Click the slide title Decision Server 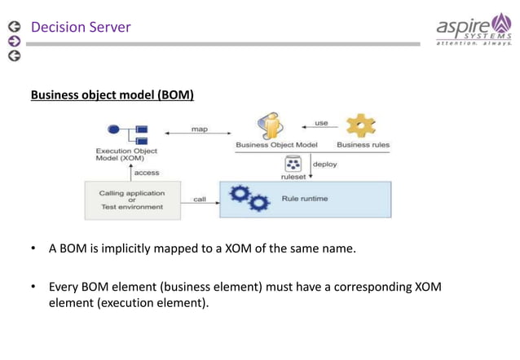(x=81, y=28)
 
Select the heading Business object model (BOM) (x=112, y=95)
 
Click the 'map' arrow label (x=199, y=130)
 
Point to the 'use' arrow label (x=321, y=123)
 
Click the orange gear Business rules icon (x=361, y=125)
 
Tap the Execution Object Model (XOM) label (x=126, y=155)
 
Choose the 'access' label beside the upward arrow (x=147, y=173)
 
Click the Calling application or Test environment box (x=131, y=200)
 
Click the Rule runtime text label (x=305, y=199)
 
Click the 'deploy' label (x=325, y=165)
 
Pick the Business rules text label (x=364, y=145)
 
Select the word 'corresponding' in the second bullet (x=361, y=287)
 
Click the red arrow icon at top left (x=13, y=42)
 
